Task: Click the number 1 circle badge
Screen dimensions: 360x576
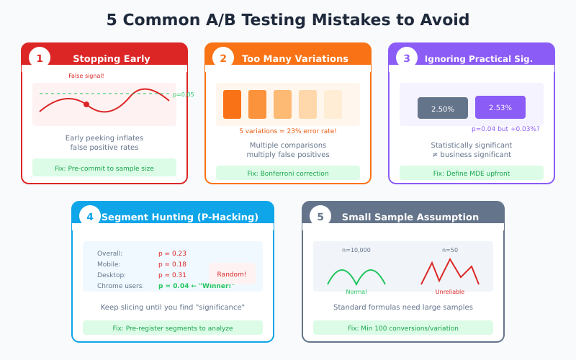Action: pos(40,58)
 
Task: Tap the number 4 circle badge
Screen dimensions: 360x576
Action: pos(90,217)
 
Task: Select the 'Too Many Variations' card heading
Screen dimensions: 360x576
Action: pos(294,59)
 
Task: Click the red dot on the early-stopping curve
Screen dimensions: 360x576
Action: pos(86,104)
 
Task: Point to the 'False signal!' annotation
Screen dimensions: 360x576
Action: pos(86,76)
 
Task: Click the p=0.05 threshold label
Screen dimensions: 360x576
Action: pos(183,94)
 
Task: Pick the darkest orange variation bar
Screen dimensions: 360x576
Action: pos(232,104)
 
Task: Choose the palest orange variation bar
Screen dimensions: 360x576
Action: pos(333,104)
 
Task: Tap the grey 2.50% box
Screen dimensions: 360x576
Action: pos(443,109)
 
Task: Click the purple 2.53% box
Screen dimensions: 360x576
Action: pos(500,107)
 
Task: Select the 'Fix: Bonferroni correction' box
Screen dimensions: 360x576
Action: pos(288,173)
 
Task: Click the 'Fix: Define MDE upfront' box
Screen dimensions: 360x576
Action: pos(472,173)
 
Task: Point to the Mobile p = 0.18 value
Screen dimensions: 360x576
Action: pos(173,264)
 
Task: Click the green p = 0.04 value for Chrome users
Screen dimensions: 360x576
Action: pos(174,286)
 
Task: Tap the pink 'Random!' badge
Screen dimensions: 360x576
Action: pos(232,274)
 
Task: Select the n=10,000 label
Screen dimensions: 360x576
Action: pos(356,250)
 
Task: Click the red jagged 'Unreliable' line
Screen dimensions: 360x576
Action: pos(450,272)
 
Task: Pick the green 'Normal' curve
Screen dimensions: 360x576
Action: pos(356,276)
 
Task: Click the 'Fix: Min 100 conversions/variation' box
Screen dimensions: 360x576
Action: pos(403,328)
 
